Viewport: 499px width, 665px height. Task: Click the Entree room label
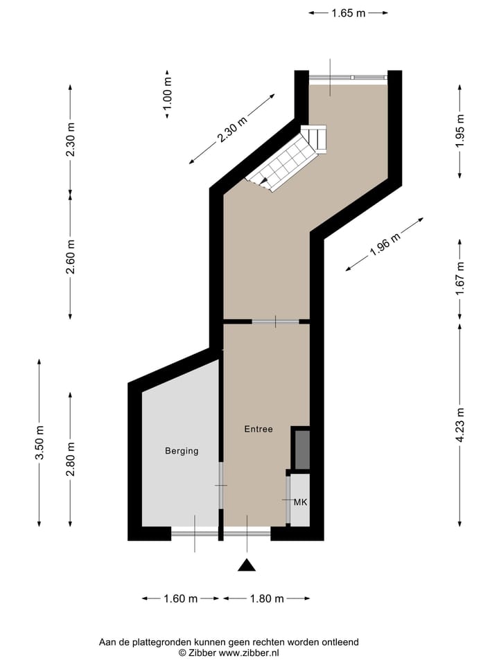tap(259, 429)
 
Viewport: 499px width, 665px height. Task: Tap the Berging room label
tap(182, 451)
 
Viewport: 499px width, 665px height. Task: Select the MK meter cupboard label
tap(300, 502)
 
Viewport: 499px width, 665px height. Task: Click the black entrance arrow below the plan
tap(247, 565)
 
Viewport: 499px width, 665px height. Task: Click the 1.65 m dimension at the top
tap(348, 12)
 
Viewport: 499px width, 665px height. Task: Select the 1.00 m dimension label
tap(167, 94)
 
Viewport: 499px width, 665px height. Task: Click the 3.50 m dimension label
tap(40, 442)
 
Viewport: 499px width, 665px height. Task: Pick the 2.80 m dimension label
tap(70, 459)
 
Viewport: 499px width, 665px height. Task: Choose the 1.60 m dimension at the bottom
tap(180, 598)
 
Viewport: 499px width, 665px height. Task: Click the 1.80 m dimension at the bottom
tap(266, 598)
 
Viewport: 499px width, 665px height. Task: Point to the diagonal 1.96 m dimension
tap(385, 244)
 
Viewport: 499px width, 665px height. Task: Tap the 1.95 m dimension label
tap(460, 130)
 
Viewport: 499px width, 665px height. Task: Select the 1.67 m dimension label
tap(460, 279)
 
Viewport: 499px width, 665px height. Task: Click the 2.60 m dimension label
tap(70, 256)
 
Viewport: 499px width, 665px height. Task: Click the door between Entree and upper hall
tap(275, 321)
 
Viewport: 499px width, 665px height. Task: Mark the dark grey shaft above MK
tap(301, 450)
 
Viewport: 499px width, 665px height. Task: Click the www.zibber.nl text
tap(249, 653)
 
